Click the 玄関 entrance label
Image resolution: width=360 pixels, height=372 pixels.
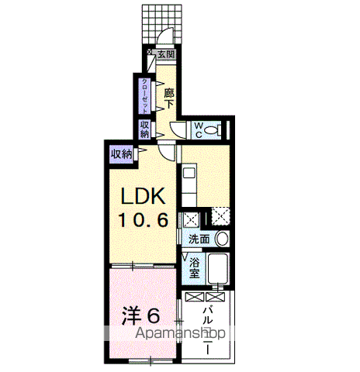coord(166,54)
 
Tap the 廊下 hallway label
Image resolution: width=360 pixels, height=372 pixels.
coord(169,98)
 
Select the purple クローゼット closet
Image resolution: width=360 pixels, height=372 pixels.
coord(144,96)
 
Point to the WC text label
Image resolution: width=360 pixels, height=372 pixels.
coord(199,130)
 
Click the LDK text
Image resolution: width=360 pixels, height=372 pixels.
coord(144,196)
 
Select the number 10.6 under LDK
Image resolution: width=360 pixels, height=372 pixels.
coord(144,220)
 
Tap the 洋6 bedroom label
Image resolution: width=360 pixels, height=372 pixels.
coord(140,315)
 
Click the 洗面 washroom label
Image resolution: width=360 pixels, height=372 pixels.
coord(199,239)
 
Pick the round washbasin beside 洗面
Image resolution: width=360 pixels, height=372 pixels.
coord(222,239)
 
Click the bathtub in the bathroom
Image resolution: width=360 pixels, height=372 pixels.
coord(218,269)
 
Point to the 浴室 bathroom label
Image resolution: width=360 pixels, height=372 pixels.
coord(194,268)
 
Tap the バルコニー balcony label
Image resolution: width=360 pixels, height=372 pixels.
coord(208,330)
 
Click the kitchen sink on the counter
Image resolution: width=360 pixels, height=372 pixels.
coord(189,173)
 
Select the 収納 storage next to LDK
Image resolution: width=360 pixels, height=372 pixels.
coord(121,154)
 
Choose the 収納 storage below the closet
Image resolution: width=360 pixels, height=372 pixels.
coord(144,129)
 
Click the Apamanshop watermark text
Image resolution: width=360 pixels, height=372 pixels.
coord(181,332)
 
